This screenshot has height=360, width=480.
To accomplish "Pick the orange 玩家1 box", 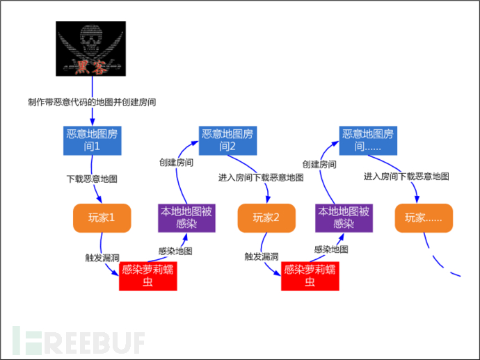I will [x=102, y=218].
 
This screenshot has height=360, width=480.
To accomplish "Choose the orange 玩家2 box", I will [x=266, y=218].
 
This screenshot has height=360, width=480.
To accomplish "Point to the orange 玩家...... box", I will [x=424, y=218].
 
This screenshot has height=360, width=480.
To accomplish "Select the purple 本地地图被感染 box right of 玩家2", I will [x=344, y=217].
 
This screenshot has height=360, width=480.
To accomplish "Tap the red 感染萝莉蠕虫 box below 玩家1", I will [x=147, y=275].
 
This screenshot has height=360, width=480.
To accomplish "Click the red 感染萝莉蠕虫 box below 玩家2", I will [x=310, y=276].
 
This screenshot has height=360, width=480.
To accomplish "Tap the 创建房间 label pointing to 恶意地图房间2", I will [x=176, y=162].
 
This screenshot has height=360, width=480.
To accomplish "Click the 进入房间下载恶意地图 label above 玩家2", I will [x=261, y=177].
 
